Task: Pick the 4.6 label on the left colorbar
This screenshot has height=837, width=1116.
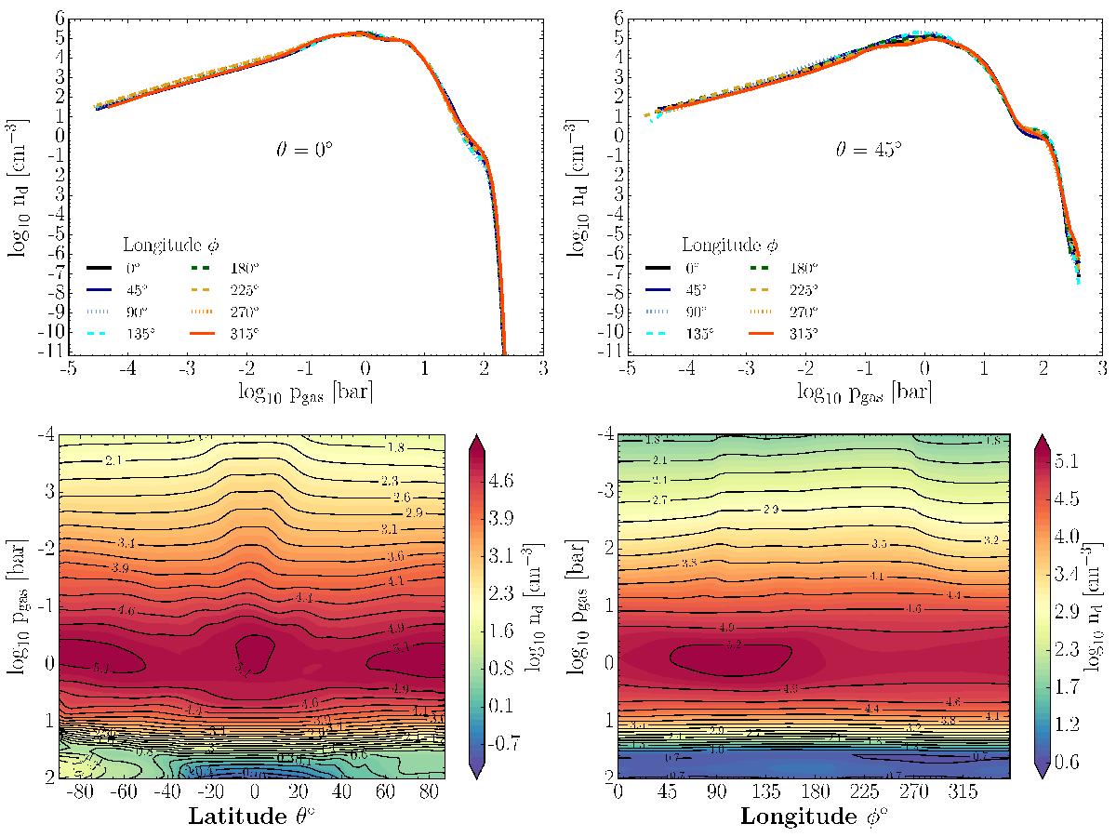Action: [501, 481]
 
